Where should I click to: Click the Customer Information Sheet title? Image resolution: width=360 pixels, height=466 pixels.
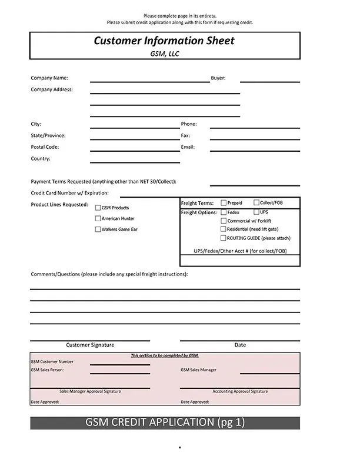[164, 41]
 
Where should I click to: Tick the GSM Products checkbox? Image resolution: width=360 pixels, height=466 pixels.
[98, 208]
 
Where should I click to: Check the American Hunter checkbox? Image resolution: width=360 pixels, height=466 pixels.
[98, 218]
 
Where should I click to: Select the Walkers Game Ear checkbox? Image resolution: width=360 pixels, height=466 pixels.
[98, 229]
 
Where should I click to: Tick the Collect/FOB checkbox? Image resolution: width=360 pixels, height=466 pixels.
[256, 203]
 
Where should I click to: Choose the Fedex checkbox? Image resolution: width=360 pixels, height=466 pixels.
[224, 212]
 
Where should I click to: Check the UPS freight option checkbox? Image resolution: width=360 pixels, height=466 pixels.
[256, 212]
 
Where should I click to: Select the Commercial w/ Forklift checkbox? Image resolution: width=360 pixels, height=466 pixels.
[224, 221]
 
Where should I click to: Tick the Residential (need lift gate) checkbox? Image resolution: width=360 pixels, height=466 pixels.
[224, 229]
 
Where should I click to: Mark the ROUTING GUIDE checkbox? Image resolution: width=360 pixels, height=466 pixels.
[224, 238]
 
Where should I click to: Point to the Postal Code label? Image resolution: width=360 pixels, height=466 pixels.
[45, 147]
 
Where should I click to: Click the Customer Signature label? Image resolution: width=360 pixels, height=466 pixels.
[90, 345]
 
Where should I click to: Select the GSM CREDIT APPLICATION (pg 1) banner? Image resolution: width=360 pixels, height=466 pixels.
[165, 422]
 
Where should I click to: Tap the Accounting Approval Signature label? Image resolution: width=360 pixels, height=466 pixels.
[240, 391]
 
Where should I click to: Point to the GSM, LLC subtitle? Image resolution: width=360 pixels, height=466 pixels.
[164, 54]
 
